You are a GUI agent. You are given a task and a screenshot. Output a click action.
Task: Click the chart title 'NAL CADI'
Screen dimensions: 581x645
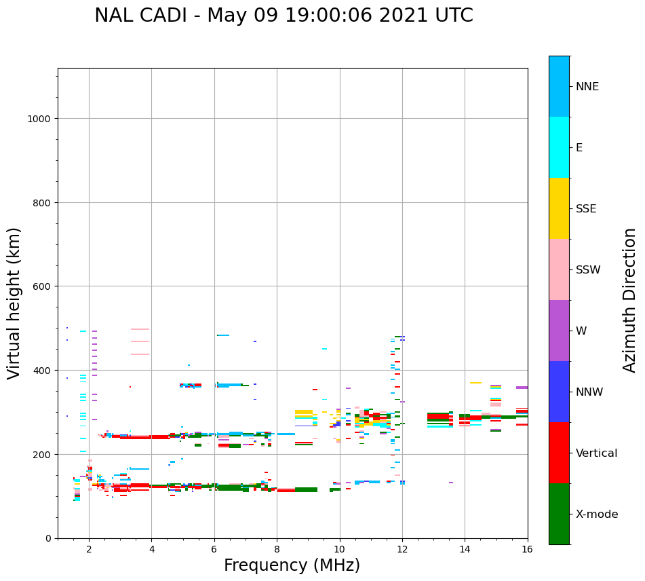point(140,16)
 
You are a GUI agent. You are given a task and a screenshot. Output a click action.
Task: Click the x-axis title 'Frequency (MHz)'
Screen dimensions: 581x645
point(292,565)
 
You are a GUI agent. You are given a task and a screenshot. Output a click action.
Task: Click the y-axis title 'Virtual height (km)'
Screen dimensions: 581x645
point(14,303)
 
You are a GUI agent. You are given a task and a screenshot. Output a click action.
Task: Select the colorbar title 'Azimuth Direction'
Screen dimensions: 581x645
point(630,300)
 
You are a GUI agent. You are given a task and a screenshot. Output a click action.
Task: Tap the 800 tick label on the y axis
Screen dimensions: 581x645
point(41,202)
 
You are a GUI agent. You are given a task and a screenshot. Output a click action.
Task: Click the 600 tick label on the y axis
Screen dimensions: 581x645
point(41,286)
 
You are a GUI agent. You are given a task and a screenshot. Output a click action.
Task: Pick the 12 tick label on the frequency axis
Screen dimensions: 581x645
point(402,550)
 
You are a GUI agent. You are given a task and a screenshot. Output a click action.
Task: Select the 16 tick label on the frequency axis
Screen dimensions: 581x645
point(527,550)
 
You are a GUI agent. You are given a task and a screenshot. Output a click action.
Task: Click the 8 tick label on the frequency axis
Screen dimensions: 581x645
point(277,550)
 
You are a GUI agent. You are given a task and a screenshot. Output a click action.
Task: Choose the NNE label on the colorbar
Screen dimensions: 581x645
point(587,86)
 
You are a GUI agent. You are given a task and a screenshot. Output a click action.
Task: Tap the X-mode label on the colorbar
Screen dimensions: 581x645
point(597,514)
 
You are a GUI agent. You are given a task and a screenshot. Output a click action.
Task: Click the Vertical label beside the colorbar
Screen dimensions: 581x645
point(597,453)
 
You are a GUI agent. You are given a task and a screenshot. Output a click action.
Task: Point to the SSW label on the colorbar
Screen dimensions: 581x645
point(588,269)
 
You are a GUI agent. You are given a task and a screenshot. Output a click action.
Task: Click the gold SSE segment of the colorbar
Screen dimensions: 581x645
point(559,208)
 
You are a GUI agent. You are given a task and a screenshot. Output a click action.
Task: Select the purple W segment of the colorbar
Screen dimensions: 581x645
point(559,331)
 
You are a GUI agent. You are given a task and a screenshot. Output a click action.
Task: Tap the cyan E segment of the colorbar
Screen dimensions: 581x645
point(559,147)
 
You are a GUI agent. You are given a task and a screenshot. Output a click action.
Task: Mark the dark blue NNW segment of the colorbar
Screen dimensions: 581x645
point(559,392)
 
